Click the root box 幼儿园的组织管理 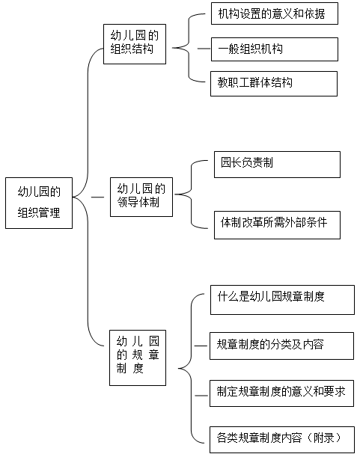(39, 203)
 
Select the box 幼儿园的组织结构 (135, 44)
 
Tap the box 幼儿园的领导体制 (141, 197)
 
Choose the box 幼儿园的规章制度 (138, 358)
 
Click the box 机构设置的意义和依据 (274, 13)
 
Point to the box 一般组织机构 (274, 49)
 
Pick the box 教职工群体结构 (274, 84)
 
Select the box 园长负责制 (277, 165)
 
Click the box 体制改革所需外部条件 (277, 225)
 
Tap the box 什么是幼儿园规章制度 (282, 300)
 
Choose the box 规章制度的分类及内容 (281, 346)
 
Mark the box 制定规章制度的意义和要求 (281, 393)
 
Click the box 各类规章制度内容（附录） (282, 440)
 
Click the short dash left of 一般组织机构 (204, 49)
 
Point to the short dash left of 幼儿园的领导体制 (97, 197)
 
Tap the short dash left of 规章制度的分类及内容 (201, 346)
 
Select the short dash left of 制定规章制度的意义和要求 (201, 396)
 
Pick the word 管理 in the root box (49, 212)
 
